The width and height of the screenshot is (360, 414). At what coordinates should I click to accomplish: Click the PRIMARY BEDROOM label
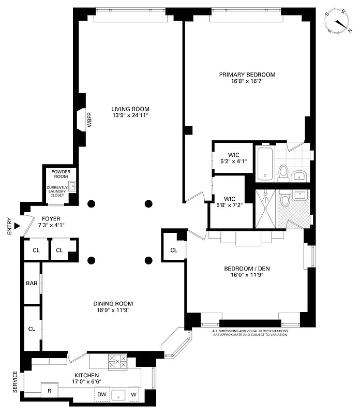[247, 75]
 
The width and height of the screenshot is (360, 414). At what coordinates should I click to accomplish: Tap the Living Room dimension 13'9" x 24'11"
[130, 115]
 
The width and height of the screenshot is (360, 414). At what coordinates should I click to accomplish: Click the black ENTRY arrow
[17, 226]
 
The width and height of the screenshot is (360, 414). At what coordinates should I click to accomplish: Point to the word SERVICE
[14, 382]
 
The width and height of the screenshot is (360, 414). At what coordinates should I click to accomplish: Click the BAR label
[32, 284]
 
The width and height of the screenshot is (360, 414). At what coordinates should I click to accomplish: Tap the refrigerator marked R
[50, 391]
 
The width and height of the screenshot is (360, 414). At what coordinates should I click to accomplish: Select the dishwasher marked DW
[102, 394]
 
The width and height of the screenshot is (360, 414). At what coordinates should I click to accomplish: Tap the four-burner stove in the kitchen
[117, 361]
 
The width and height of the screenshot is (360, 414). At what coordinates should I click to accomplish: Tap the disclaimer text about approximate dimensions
[250, 333]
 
